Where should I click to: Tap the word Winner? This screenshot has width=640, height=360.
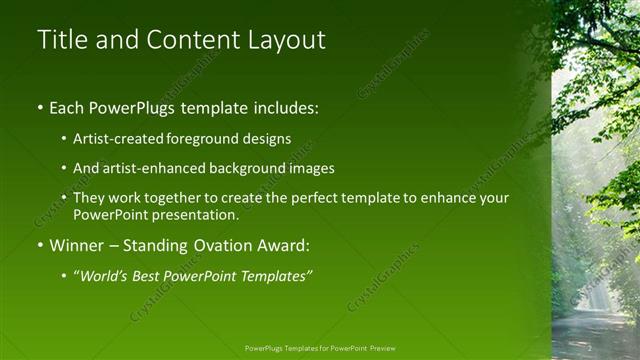[x=74, y=244]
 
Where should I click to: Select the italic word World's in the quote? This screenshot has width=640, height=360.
[x=105, y=275]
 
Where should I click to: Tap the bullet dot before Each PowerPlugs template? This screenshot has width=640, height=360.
[x=40, y=107]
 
